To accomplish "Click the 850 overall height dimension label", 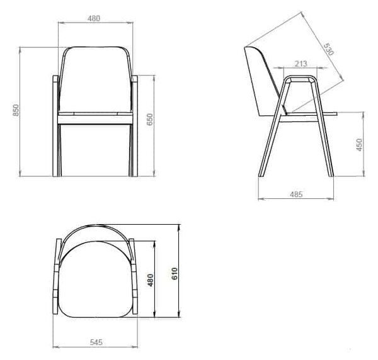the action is (x=16, y=110).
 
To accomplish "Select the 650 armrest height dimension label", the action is (x=150, y=120).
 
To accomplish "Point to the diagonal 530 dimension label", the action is (x=328, y=49).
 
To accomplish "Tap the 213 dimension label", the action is (x=301, y=64).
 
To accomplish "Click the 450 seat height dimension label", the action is (x=359, y=145).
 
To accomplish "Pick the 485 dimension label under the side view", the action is (x=296, y=194).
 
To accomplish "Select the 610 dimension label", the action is (x=175, y=274).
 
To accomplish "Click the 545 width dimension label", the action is (x=96, y=342).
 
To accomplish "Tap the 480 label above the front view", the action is (x=93, y=18).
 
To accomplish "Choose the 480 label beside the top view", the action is (x=151, y=280).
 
